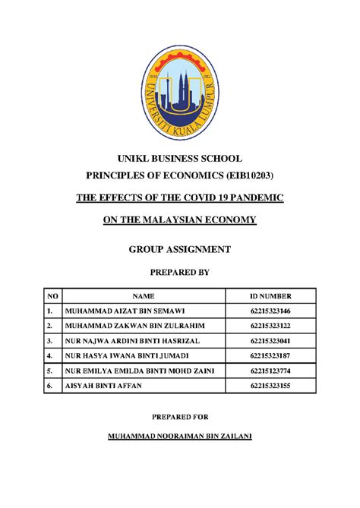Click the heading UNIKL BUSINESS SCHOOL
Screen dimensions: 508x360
coord(179,159)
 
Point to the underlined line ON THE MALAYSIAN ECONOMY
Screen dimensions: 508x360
coord(180,220)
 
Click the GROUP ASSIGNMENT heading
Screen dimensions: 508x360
coord(180,250)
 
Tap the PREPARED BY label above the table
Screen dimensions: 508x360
coord(180,271)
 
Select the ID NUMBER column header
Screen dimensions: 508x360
coord(270,298)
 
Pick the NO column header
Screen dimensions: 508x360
coord(52,298)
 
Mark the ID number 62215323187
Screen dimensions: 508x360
coord(270,355)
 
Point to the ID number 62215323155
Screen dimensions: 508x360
coord(270,385)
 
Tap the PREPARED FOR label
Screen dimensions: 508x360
coord(180,417)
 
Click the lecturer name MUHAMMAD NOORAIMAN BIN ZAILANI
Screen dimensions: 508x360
coord(180,438)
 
